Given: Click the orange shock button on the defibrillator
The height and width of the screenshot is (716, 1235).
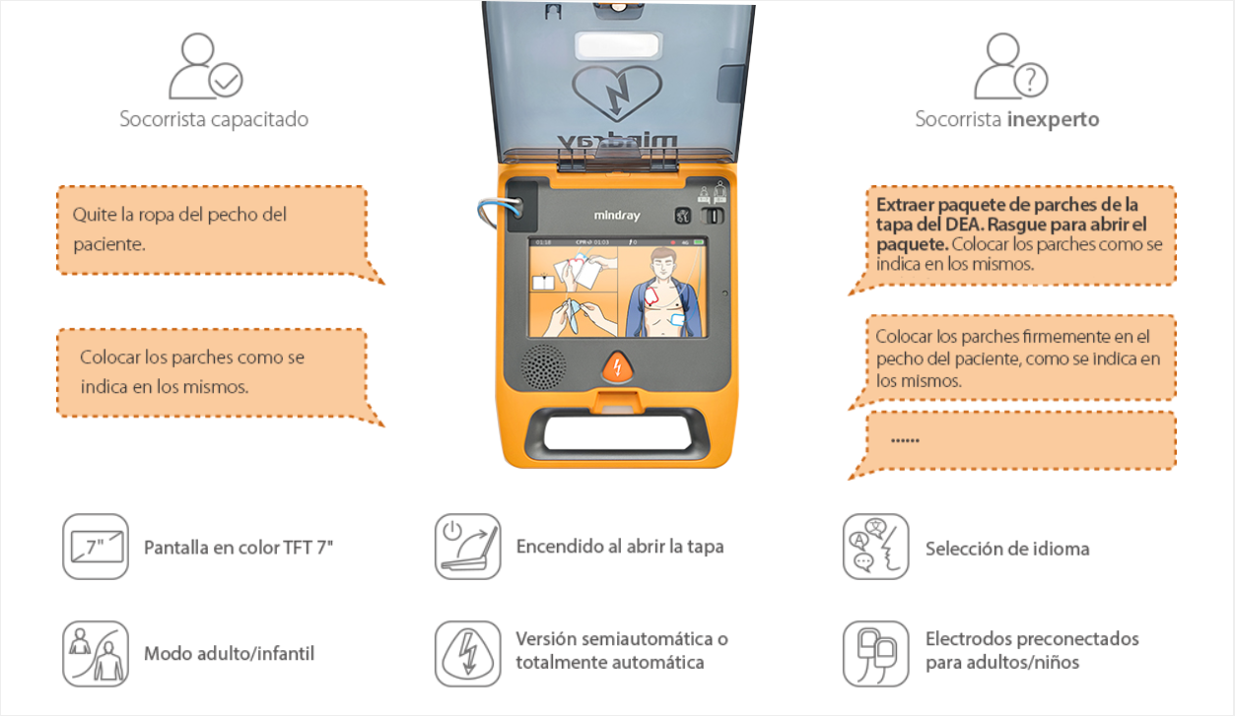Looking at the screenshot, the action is click(x=617, y=366).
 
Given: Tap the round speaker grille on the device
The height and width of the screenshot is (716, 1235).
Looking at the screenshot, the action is click(x=544, y=366).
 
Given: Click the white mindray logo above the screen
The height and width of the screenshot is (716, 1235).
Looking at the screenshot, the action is click(x=617, y=216).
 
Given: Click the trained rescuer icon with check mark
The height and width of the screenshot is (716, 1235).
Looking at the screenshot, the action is click(x=206, y=66).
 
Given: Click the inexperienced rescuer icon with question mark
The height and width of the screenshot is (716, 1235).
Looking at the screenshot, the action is click(x=1011, y=66).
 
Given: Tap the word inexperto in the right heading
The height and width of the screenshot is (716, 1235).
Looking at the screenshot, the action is click(x=1053, y=119).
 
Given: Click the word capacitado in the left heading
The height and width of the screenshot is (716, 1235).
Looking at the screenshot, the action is click(x=259, y=119).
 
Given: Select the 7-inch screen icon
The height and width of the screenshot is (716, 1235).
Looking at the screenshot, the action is click(x=96, y=547).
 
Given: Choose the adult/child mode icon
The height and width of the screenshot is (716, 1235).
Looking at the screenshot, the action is click(x=96, y=654).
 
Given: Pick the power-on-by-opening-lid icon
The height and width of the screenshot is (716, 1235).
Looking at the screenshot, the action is click(x=467, y=547).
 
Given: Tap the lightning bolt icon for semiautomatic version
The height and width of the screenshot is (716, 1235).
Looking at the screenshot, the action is click(x=467, y=654).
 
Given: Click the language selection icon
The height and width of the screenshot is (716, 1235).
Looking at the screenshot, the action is click(x=875, y=547).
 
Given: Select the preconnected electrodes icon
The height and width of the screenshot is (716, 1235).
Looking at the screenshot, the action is click(x=875, y=654).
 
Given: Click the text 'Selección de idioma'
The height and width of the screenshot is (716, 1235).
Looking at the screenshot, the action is click(x=1007, y=549).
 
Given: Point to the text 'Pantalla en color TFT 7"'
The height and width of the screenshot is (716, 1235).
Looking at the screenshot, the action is click(x=239, y=548).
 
